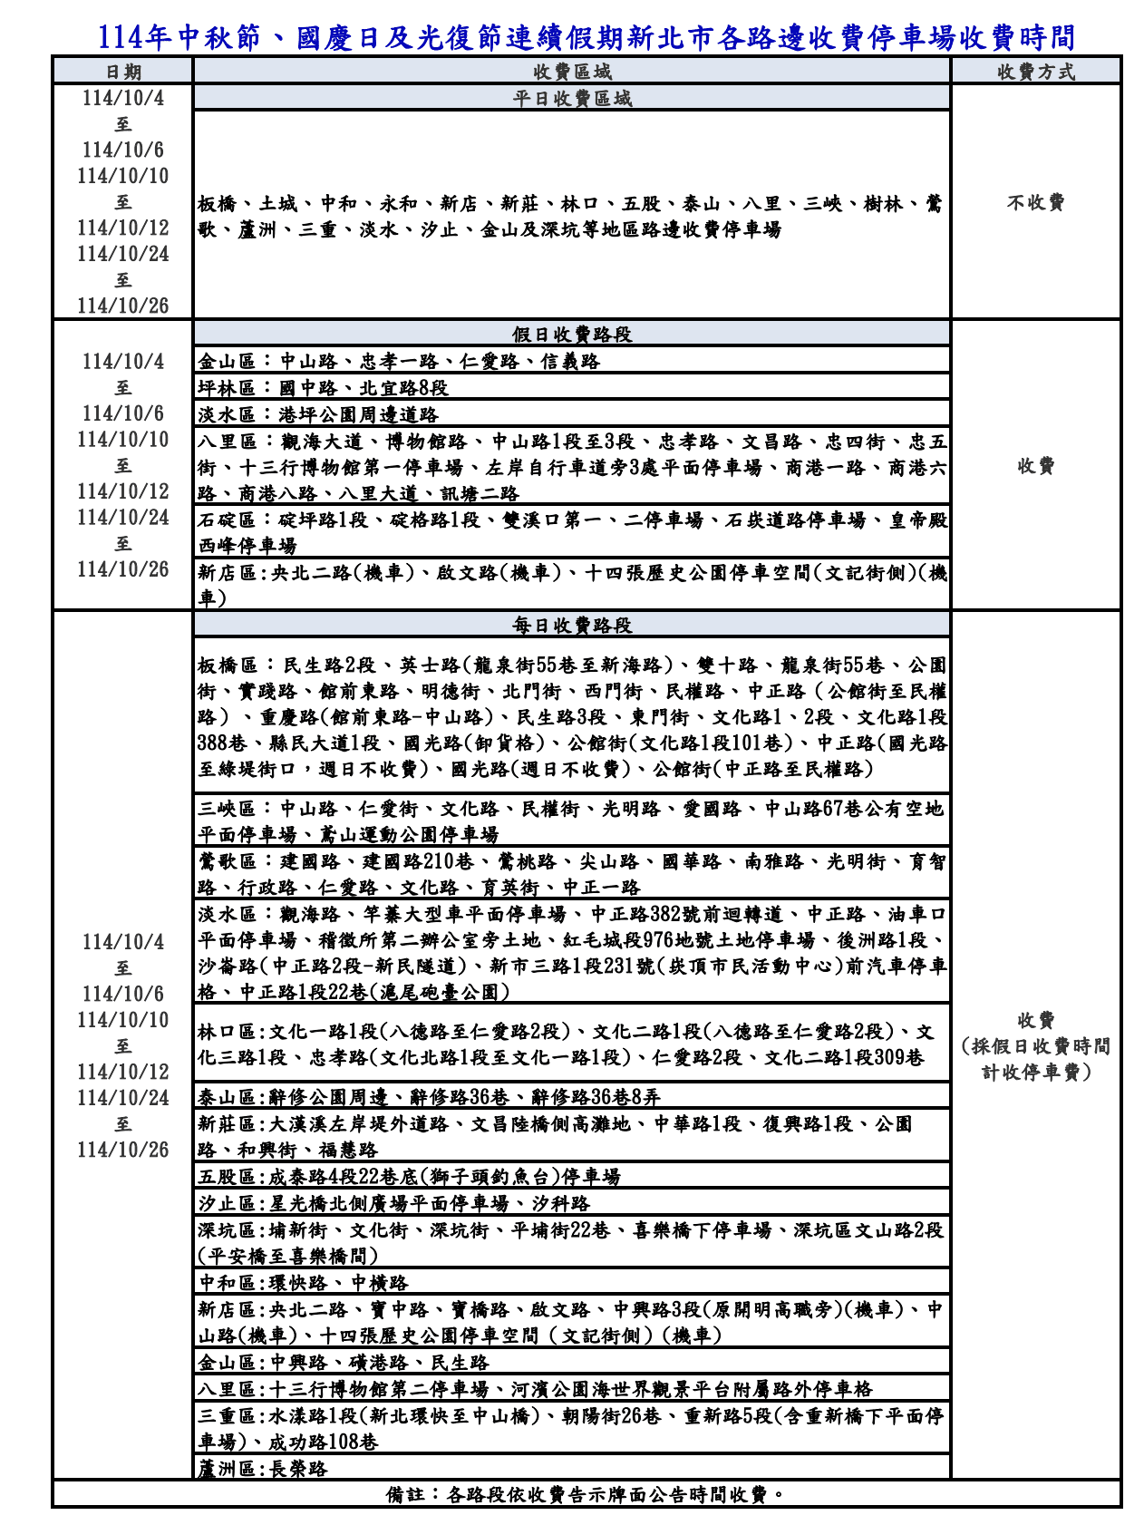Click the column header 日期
coord(122,72)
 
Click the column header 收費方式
coord(1035,72)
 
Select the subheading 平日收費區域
coord(571,98)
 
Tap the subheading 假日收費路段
coord(571,334)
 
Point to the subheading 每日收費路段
coord(571,625)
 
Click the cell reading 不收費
coord(1035,202)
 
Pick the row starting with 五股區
coord(409,1176)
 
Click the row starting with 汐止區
coord(393,1202)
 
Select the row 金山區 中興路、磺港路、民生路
coord(344,1362)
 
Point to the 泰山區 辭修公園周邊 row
coord(429,1096)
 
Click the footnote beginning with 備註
coord(586,1493)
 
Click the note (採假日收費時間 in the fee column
coord(1035,1045)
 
